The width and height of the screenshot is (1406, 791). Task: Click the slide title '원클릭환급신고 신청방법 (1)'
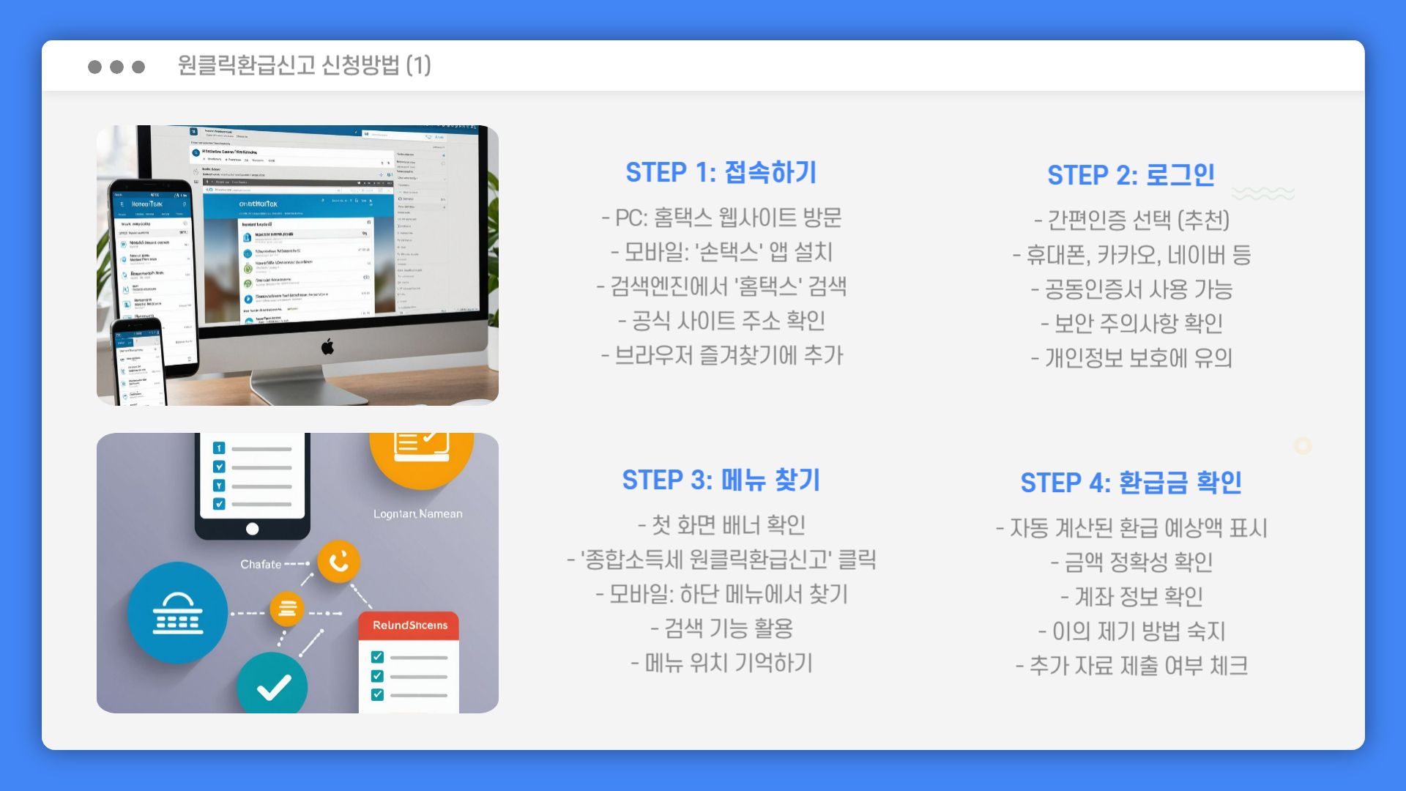pyautogui.click(x=304, y=65)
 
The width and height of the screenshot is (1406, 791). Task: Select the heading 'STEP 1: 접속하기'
pyautogui.click(x=721, y=173)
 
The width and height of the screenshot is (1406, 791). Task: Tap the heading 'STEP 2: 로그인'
pyautogui.click(x=1131, y=175)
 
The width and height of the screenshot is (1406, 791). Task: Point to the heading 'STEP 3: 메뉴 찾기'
pyautogui.click(x=721, y=480)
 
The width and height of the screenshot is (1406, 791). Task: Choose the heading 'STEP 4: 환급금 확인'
pyautogui.click(x=1131, y=483)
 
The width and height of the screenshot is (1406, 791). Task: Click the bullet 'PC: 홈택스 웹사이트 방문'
pyautogui.click(x=721, y=218)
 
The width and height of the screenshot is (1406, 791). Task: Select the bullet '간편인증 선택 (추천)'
pyautogui.click(x=1131, y=220)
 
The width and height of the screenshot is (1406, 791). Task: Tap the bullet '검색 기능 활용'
pyautogui.click(x=721, y=628)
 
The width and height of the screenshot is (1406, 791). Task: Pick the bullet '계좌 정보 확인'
pyautogui.click(x=1131, y=597)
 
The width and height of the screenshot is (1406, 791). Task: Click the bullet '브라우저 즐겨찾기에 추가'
pyautogui.click(x=722, y=355)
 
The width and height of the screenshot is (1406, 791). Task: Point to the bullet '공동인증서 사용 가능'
pyautogui.click(x=1131, y=289)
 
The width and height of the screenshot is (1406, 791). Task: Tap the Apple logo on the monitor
pyautogui.click(x=327, y=346)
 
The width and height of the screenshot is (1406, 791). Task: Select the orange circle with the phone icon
pyautogui.click(x=338, y=562)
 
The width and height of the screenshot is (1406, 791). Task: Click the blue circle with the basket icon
pyautogui.click(x=177, y=613)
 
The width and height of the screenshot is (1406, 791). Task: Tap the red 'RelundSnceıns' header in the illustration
pyautogui.click(x=409, y=625)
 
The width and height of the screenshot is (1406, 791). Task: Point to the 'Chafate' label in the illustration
pyautogui.click(x=261, y=565)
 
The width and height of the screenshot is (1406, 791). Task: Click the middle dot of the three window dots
pyautogui.click(x=116, y=67)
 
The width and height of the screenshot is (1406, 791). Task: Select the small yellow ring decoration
pyautogui.click(x=1303, y=445)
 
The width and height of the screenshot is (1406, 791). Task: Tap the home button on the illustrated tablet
pyautogui.click(x=253, y=529)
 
